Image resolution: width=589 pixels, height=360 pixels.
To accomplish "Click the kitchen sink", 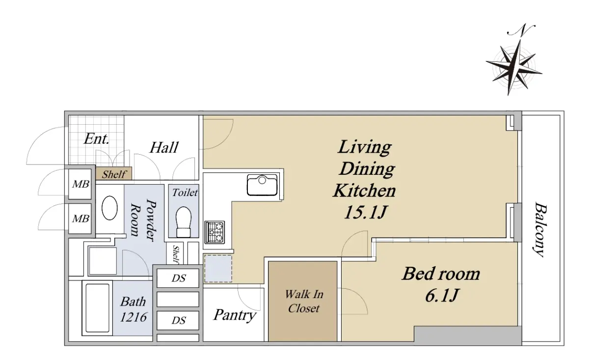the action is [x=262, y=185].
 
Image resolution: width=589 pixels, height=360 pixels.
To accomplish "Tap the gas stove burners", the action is [x=214, y=232].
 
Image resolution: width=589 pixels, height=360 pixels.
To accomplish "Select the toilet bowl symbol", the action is [x=184, y=222].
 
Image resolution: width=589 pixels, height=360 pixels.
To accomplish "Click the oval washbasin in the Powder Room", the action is [x=109, y=208].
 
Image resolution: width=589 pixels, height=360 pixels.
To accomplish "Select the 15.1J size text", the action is [x=366, y=212].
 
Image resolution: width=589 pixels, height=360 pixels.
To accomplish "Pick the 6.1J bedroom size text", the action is [x=442, y=296].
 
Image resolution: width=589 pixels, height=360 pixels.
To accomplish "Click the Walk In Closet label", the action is [x=304, y=302].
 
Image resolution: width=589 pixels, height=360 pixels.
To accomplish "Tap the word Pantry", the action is [x=235, y=315].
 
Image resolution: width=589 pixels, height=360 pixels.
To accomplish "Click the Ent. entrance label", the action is [x=96, y=139].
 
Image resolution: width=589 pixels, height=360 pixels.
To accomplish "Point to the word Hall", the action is [x=164, y=147].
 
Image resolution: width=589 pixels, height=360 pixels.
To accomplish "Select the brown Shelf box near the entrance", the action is [x=113, y=174].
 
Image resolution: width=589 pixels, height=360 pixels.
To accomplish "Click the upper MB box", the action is [x=80, y=184].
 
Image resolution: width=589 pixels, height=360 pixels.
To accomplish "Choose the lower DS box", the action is [x=178, y=320].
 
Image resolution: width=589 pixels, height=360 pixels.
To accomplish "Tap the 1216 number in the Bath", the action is [x=134, y=317].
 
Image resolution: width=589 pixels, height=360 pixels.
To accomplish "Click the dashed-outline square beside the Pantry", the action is [x=218, y=268].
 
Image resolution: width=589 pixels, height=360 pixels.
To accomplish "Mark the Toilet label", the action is [x=185, y=193].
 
